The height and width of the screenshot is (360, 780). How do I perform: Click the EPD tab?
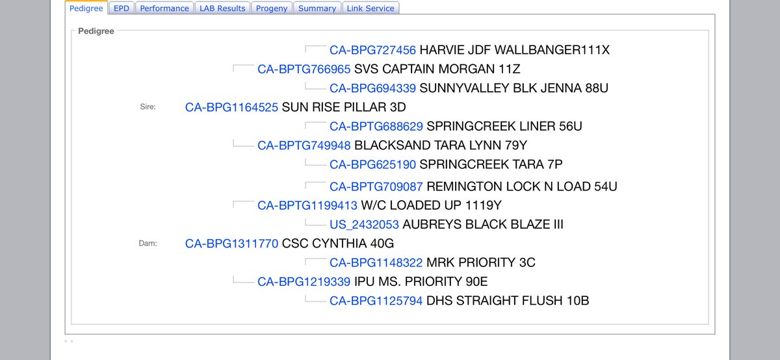point(121,8)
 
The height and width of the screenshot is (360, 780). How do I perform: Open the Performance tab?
point(164,8)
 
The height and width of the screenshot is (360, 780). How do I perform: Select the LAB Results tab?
point(222,8)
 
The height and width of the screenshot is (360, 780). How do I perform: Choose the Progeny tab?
point(272,8)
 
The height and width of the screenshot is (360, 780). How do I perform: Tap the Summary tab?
point(317,8)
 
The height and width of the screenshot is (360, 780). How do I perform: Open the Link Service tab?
point(370,8)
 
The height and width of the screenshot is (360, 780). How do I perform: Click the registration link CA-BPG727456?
point(372,50)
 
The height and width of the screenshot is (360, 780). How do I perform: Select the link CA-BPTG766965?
point(304,69)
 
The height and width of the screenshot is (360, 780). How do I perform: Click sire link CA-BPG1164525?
point(231,107)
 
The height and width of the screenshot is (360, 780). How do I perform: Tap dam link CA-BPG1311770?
point(231,244)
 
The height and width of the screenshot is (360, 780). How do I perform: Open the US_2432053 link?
point(364,225)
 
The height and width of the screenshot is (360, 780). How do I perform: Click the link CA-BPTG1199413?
point(307,205)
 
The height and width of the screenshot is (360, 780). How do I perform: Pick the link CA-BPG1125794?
point(376,300)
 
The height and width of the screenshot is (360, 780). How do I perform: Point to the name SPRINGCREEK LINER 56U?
point(504,126)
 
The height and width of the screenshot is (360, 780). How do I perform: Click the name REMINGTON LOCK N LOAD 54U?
point(521,186)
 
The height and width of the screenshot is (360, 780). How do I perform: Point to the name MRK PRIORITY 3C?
point(480,263)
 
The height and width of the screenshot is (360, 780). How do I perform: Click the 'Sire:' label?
point(148,107)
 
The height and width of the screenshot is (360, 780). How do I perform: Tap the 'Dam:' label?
point(148,244)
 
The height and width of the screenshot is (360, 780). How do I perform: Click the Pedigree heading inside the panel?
point(96,31)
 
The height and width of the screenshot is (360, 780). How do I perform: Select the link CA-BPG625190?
point(372,164)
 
